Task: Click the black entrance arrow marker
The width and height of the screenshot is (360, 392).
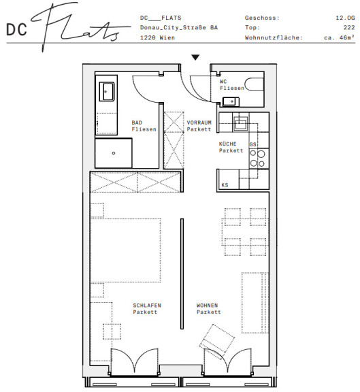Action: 195,57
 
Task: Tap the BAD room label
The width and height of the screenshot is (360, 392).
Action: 137,122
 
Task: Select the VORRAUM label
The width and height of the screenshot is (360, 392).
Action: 199,122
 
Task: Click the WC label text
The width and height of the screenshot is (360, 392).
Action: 223,82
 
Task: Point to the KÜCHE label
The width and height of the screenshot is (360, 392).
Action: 227,144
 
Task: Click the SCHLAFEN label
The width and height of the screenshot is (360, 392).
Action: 147,306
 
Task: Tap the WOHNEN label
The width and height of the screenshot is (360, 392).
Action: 207,306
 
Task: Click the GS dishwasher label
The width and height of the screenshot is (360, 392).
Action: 252,144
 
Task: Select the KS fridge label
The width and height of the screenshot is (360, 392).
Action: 225,185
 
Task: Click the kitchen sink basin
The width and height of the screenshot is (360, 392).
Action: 240,125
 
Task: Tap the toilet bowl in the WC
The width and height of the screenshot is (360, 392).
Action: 254,84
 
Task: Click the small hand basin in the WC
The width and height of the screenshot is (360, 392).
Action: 231,102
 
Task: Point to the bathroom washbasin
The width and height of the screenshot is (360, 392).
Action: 107,91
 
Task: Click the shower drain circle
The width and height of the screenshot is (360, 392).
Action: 114,153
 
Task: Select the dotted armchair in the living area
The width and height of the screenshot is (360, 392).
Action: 217,341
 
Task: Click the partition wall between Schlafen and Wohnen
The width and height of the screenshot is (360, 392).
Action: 182,274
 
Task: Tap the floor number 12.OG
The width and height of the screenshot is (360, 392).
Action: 345,18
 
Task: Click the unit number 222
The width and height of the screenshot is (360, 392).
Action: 349,27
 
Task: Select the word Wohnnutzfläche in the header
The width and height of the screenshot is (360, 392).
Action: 274,37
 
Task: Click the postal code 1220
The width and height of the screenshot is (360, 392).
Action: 148,37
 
